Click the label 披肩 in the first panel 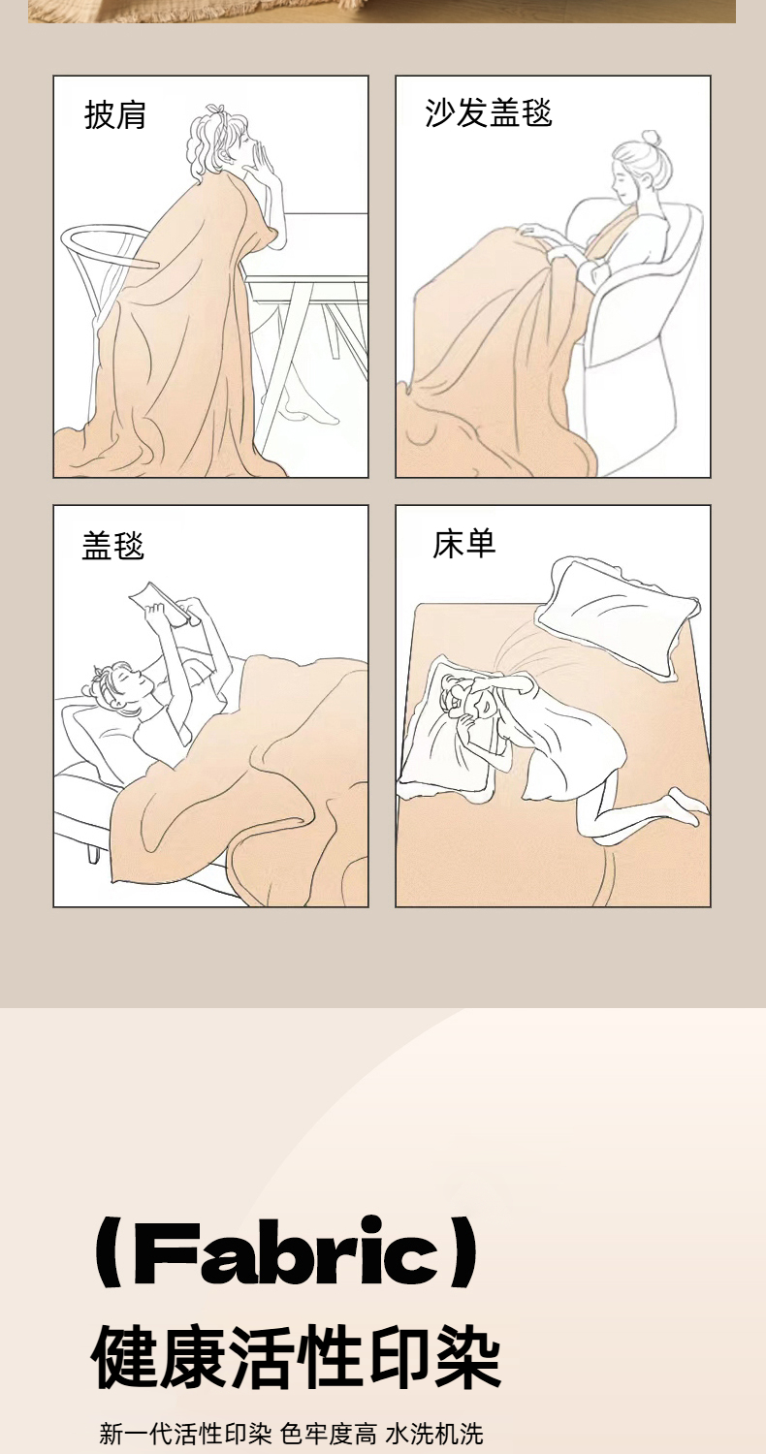(114, 115)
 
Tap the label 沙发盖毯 (488, 113)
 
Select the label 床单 (464, 544)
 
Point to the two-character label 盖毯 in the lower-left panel (112, 545)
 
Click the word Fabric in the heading (286, 1252)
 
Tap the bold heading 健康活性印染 (296, 1358)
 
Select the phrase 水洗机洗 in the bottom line (434, 1434)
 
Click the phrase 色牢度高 (329, 1434)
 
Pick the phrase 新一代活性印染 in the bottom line (185, 1434)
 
